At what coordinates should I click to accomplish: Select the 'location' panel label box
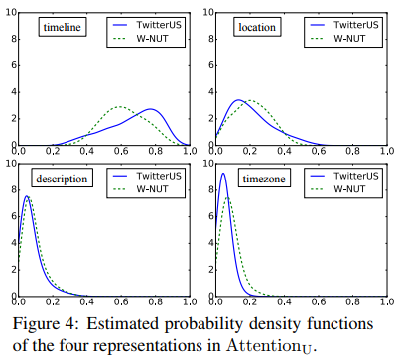(257, 28)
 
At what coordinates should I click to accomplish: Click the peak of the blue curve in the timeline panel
(151, 109)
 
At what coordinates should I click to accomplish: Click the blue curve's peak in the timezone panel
(223, 174)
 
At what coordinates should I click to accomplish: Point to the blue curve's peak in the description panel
(28, 196)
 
